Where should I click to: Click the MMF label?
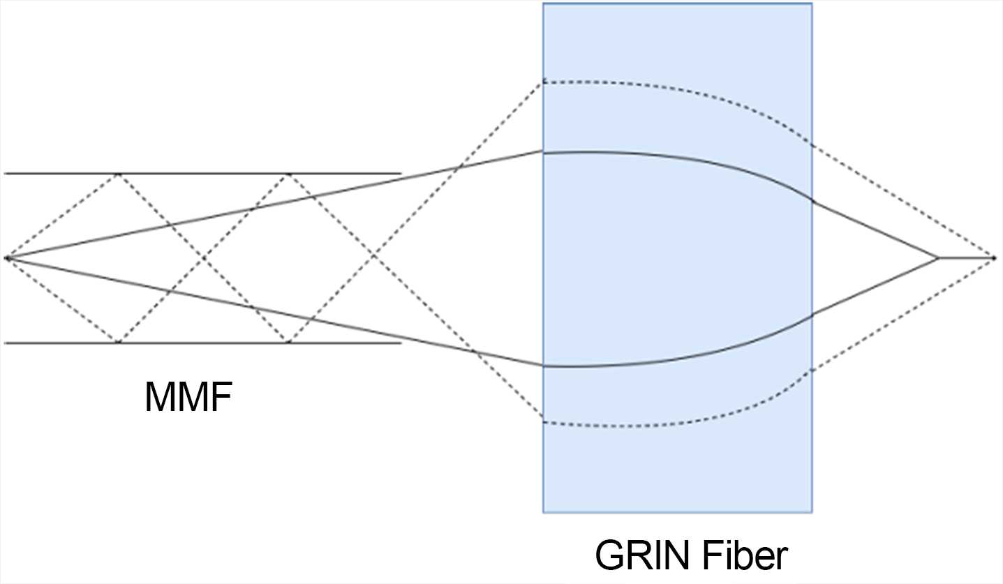(x=188, y=397)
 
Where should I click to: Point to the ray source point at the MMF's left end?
(x=6, y=258)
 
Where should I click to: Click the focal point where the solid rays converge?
(x=937, y=258)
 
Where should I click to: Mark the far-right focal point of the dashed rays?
(x=994, y=258)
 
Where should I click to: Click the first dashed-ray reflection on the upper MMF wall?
(x=118, y=173)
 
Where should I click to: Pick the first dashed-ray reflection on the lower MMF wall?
(x=118, y=343)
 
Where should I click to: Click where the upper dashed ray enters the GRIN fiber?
(x=544, y=82)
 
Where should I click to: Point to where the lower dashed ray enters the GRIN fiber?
(x=544, y=422)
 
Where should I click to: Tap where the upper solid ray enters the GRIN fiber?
(x=544, y=151)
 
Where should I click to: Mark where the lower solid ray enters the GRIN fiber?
(x=544, y=365)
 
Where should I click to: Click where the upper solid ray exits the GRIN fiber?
(x=812, y=200)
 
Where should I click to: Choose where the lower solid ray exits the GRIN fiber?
(x=812, y=316)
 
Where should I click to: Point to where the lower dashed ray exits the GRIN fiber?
(x=812, y=371)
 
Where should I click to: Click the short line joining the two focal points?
(x=966, y=258)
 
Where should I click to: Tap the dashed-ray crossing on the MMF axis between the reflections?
(x=202, y=258)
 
